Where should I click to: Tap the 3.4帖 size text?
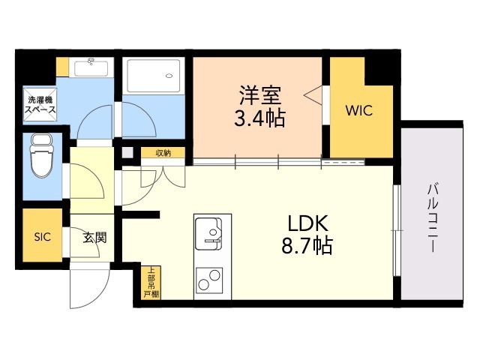259,118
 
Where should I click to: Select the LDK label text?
307,223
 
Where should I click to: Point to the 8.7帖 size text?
307,245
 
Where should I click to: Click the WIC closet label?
359,110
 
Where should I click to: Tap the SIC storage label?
42,237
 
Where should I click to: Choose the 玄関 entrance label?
95,237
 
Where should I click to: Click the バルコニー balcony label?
433,218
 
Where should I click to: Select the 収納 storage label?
163,153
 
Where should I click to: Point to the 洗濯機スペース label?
40,105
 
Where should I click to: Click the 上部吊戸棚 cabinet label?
151,283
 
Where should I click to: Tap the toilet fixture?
42,155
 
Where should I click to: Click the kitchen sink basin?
208,233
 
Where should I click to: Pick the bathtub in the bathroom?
154,76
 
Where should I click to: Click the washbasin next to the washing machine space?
91,67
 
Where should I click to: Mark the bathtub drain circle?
168,76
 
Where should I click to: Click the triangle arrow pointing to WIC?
313,95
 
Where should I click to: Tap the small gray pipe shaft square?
127,152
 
